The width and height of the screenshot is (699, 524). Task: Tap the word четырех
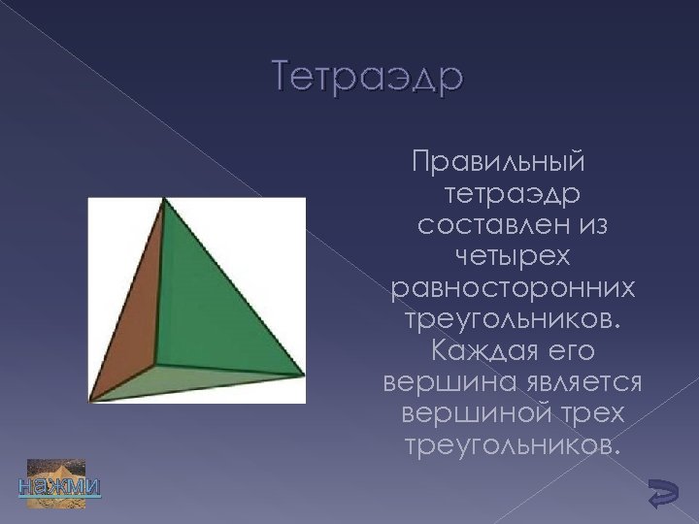pyautogui.click(x=513, y=257)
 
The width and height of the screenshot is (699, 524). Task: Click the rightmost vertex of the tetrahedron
pyautogui.click(x=303, y=375)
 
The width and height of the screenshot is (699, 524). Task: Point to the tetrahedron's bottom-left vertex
pyautogui.click(x=90, y=399)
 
